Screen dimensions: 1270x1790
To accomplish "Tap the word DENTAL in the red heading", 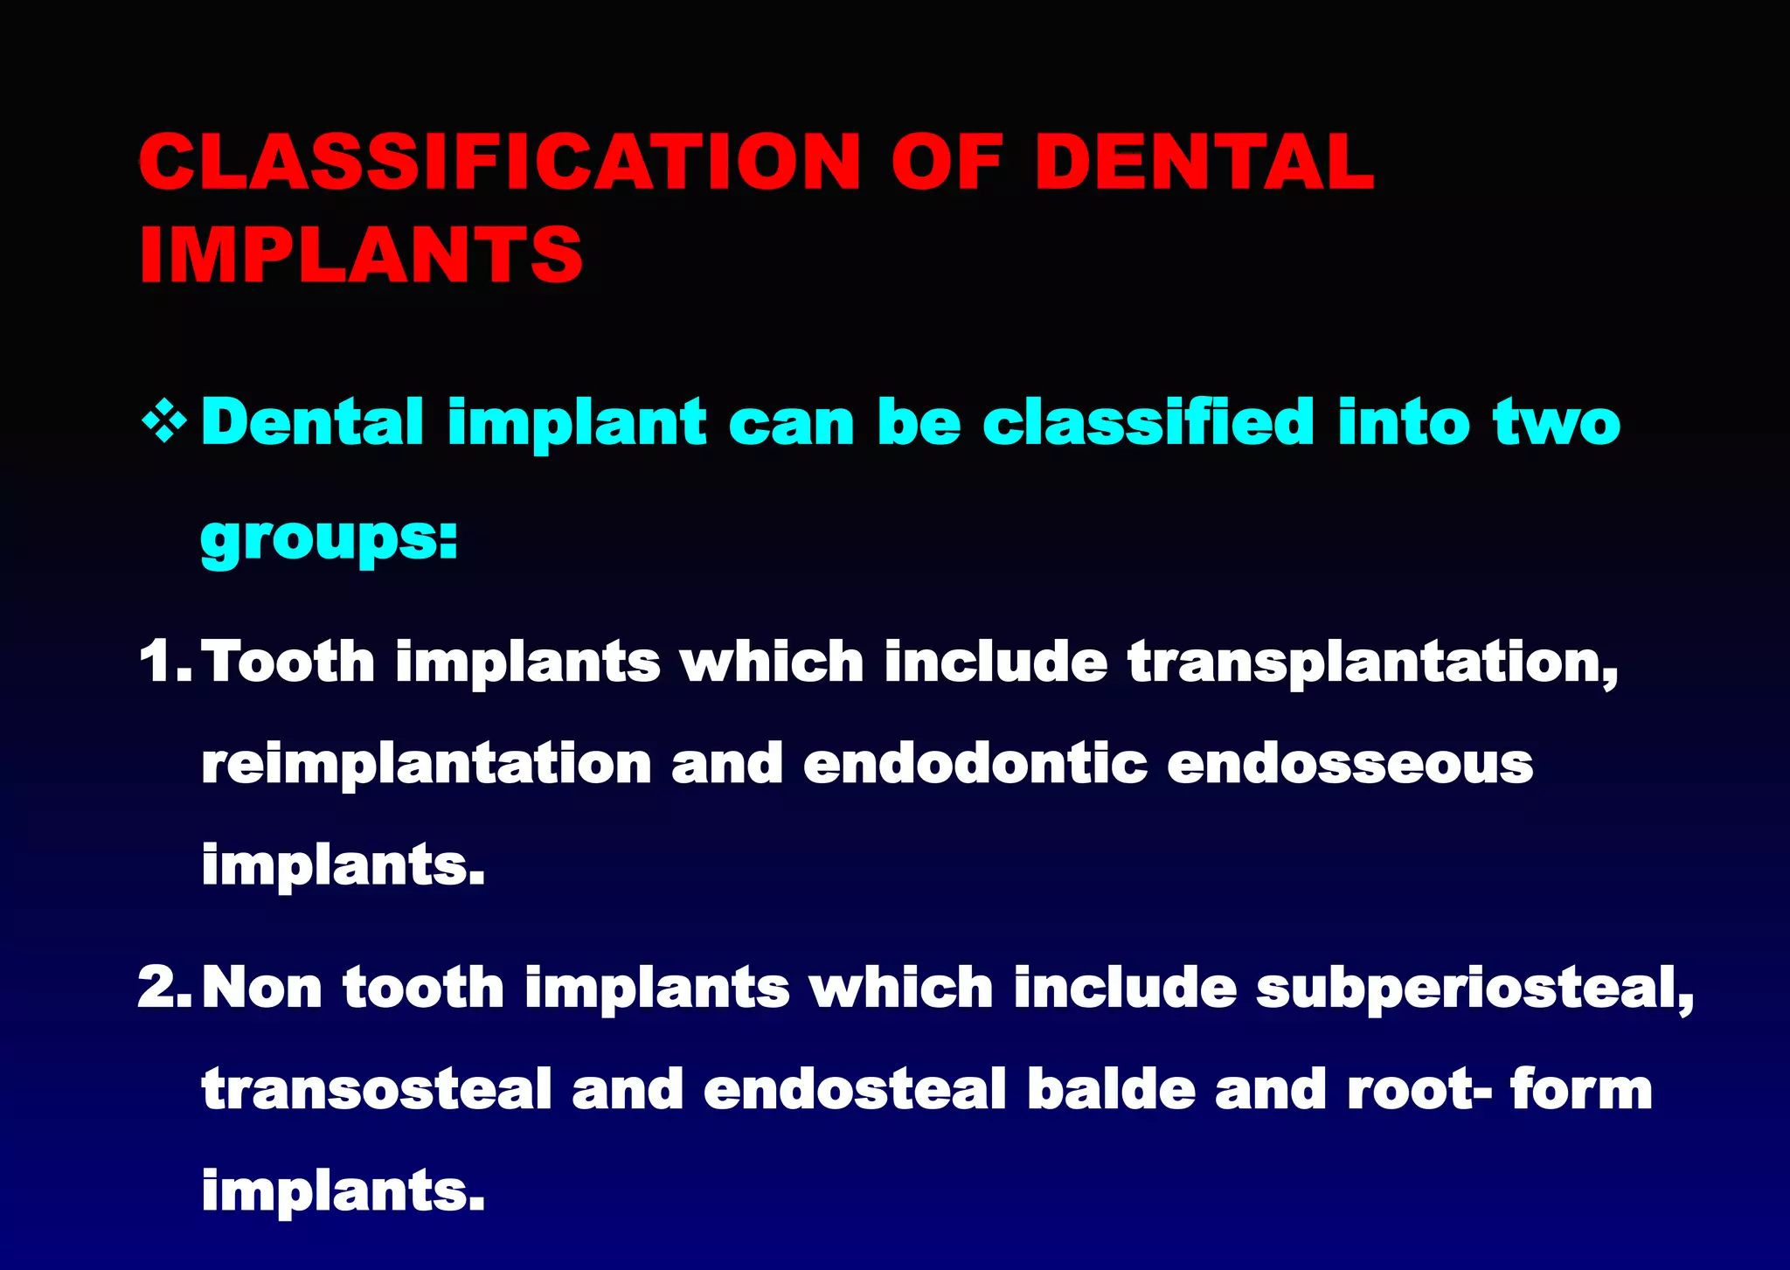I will point(1204,162).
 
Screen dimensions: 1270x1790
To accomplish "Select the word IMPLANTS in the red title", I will point(361,254).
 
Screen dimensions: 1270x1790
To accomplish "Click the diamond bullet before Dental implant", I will point(164,424).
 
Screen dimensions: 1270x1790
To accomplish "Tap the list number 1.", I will point(163,661).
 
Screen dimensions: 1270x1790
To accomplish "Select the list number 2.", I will point(163,988).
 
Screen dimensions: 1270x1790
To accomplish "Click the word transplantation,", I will point(1373,663).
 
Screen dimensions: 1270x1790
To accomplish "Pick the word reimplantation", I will point(427,764).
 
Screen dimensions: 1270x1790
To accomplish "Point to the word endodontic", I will point(975,763).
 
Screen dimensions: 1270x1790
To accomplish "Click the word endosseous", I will point(1349,763).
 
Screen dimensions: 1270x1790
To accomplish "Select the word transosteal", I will point(377,1090).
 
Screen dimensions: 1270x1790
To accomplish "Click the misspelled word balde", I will point(1111,1090).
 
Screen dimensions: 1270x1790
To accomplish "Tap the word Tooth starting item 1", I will point(288,661).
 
